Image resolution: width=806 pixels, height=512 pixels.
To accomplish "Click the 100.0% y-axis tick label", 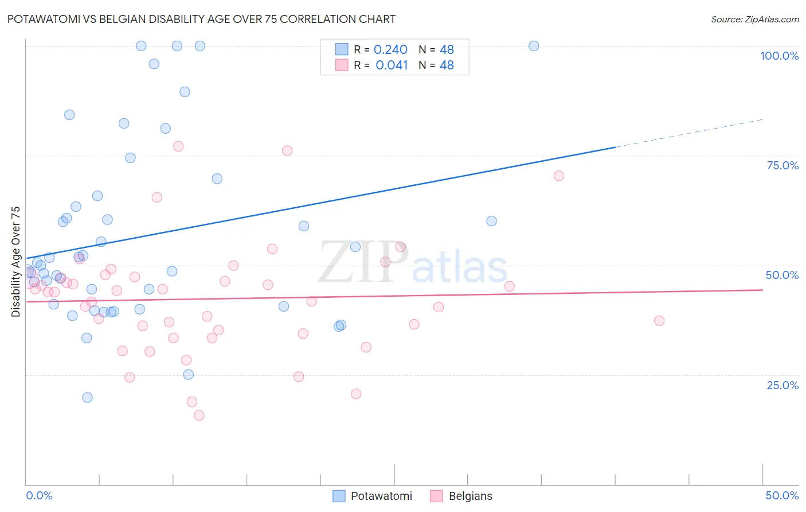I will (x=779, y=56).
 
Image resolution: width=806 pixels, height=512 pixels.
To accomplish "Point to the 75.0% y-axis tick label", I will (x=782, y=165).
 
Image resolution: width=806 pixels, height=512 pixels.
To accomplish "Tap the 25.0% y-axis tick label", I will (x=782, y=385).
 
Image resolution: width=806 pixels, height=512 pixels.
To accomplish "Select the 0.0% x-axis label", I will (x=39, y=495).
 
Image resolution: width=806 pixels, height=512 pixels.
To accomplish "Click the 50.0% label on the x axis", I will (x=782, y=495).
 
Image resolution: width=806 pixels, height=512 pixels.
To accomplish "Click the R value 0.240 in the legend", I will (x=390, y=50).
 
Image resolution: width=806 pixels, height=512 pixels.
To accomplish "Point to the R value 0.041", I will (x=392, y=65).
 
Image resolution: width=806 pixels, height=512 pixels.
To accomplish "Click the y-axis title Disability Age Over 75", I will (x=15, y=261).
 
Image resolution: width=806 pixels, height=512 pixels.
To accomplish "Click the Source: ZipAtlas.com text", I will (x=754, y=20).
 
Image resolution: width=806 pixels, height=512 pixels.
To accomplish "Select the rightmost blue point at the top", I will (x=534, y=46).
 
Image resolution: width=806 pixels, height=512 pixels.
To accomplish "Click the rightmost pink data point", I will (x=659, y=321).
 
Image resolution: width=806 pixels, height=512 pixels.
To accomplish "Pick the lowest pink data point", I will (x=199, y=416).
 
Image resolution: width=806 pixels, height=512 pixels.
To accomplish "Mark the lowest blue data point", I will (x=87, y=397).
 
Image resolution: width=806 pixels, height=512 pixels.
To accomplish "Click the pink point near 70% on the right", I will (x=559, y=176).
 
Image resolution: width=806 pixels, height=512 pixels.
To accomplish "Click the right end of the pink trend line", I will (x=762, y=290).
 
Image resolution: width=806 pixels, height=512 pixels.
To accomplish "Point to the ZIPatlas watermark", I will (x=413, y=263).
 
